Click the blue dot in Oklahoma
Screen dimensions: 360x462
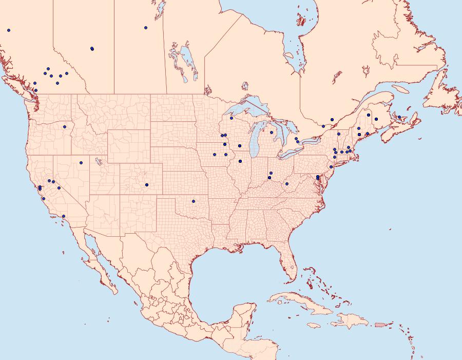pyautogui.click(x=194, y=201)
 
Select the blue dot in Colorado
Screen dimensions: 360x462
pyautogui.click(x=147, y=184)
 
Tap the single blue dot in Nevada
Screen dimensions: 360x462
pyautogui.click(x=81, y=163)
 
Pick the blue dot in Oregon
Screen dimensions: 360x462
pyautogui.click(x=65, y=126)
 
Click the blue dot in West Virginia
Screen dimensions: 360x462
pyautogui.click(x=287, y=183)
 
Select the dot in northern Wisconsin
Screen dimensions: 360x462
pyautogui.click(x=232, y=118)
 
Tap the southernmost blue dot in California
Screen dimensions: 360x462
pyautogui.click(x=63, y=216)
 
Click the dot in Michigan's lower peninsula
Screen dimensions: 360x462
pyautogui.click(x=272, y=132)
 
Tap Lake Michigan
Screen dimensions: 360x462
pyautogui.click(x=255, y=142)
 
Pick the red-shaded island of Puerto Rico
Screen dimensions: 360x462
pyautogui.click(x=380, y=324)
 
